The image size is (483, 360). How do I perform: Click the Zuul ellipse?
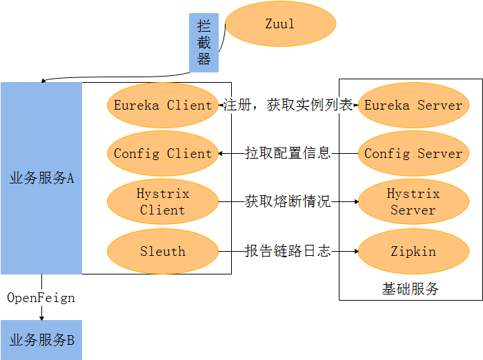pyautogui.click(x=280, y=24)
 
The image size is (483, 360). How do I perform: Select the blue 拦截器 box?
pyautogui.click(x=204, y=43)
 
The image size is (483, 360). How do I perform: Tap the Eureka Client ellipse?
pyautogui.click(x=163, y=106)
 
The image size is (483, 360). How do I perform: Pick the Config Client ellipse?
pyautogui.click(x=163, y=153)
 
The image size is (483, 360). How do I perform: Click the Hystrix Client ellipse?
pyautogui.click(x=163, y=202)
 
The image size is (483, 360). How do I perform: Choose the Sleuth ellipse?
pyautogui.click(x=163, y=252)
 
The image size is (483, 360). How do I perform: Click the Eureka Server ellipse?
pyautogui.click(x=413, y=106)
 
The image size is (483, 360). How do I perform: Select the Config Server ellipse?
pyautogui.click(x=413, y=153)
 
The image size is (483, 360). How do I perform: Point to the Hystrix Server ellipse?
pyautogui.click(x=413, y=202)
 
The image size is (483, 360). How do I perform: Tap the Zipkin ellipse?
pyautogui.click(x=413, y=252)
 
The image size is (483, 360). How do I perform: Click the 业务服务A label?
pyautogui.click(x=41, y=178)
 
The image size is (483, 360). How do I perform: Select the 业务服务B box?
pyautogui.click(x=41, y=340)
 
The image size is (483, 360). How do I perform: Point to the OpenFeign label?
pyautogui.click(x=41, y=298)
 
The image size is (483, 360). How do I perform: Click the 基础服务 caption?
pyautogui.click(x=410, y=289)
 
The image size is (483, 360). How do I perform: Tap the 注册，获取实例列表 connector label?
pyautogui.click(x=288, y=106)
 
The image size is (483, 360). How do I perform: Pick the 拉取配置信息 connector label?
pyautogui.click(x=288, y=153)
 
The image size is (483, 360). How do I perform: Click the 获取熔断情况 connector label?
pyautogui.click(x=288, y=202)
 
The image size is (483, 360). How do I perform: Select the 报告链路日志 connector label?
pyautogui.click(x=288, y=252)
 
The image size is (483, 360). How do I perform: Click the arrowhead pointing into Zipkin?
pyautogui.click(x=355, y=252)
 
